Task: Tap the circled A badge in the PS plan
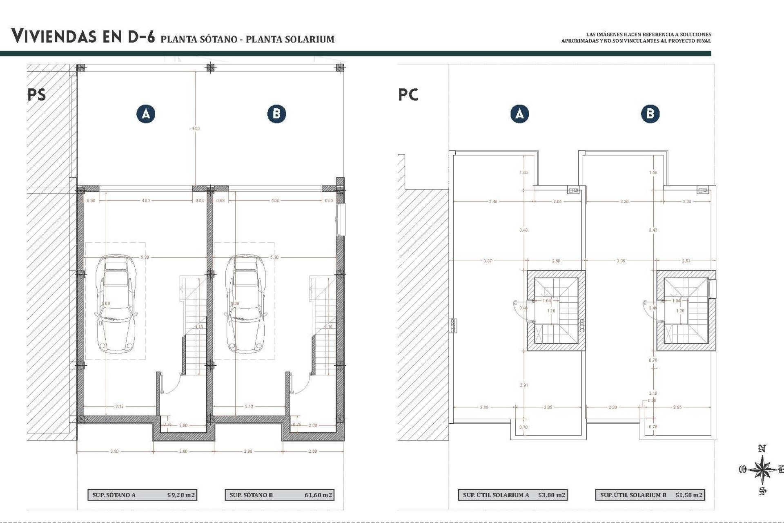point(146,114)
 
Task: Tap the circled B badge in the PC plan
point(650,114)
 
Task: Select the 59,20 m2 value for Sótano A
point(181,495)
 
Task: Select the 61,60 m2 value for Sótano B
point(318,495)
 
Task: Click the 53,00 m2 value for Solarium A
point(551,495)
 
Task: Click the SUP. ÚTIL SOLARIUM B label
point(633,495)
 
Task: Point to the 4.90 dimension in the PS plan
point(196,128)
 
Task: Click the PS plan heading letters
point(37,95)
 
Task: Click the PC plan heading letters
point(408,95)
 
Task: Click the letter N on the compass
point(762,449)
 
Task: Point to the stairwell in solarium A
point(556,311)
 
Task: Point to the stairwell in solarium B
point(686,311)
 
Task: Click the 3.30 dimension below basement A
point(114,451)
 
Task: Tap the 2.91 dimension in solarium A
point(523,385)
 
